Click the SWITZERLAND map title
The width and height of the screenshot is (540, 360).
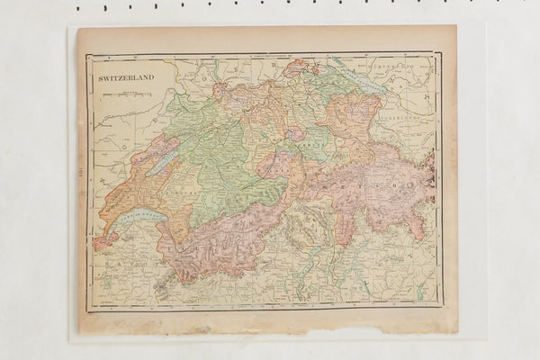pos(127,77)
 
